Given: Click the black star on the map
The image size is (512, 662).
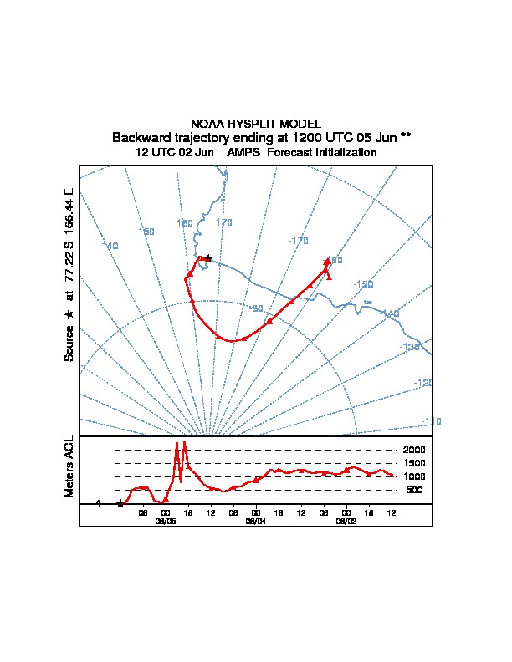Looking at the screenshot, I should click(208, 258).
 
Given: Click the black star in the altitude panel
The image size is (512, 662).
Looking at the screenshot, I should click(120, 503).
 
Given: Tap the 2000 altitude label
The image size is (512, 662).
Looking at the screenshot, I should click(414, 450).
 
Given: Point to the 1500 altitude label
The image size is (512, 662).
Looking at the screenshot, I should click(414, 463).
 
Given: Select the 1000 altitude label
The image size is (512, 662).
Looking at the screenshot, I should click(414, 476).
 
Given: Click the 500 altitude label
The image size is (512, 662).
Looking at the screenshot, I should click(415, 490).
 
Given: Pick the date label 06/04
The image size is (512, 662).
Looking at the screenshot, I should click(255, 520).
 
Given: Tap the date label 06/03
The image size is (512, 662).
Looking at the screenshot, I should click(346, 520).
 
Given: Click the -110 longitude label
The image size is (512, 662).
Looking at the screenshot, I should click(432, 420).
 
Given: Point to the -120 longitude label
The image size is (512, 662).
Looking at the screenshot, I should click(424, 383).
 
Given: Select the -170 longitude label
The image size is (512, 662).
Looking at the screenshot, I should click(298, 241).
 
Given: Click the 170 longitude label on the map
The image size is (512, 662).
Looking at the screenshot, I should click(224, 222).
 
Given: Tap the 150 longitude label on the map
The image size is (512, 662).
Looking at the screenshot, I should click(146, 232).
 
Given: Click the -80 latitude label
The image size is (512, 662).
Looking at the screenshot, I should click(258, 308).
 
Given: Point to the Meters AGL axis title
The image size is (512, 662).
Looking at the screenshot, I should click(69, 466).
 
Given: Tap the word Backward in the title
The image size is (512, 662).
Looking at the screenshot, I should click(141, 137).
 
